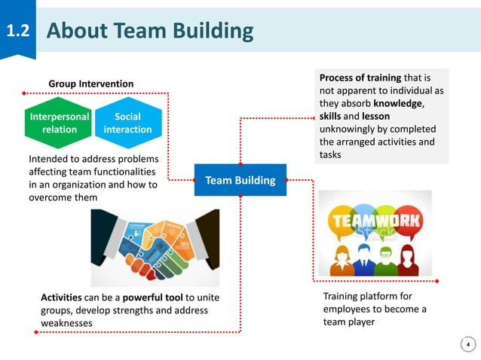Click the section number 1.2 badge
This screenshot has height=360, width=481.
click(x=17, y=32)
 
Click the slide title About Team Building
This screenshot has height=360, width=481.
click(x=149, y=31)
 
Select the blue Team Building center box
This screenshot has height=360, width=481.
click(x=240, y=180)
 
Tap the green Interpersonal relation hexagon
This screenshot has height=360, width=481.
click(x=59, y=123)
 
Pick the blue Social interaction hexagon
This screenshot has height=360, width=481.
click(x=127, y=123)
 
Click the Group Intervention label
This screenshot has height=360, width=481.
click(x=91, y=83)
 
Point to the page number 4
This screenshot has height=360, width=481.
click(x=468, y=345)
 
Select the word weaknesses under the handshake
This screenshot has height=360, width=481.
click(x=66, y=322)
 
